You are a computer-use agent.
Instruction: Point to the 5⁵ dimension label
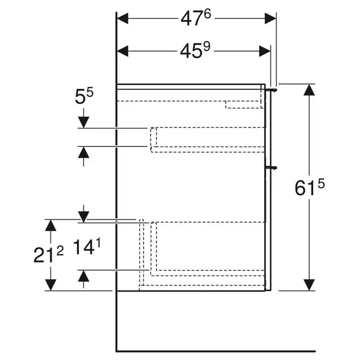[84, 96]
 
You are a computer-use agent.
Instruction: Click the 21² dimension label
[49, 254]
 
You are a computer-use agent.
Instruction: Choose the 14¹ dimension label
[87, 247]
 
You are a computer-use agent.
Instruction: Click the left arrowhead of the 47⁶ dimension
[122, 19]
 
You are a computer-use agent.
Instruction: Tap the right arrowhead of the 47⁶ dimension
[270, 19]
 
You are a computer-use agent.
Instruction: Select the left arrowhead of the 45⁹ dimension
[122, 51]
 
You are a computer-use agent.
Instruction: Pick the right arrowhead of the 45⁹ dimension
[265, 51]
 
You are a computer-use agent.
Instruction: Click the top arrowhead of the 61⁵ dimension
[309, 90]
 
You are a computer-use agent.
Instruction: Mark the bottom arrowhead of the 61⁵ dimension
[309, 285]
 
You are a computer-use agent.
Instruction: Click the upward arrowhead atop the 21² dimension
[50, 225]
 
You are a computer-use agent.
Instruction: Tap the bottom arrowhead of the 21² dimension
[50, 285]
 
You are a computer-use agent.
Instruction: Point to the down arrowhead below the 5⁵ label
[83, 122]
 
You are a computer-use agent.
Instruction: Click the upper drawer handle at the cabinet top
[271, 89]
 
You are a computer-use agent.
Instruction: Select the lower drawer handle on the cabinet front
[271, 168]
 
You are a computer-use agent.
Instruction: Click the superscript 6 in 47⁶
[207, 14]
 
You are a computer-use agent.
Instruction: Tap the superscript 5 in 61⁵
[321, 184]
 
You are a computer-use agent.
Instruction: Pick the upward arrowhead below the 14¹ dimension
[83, 276]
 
